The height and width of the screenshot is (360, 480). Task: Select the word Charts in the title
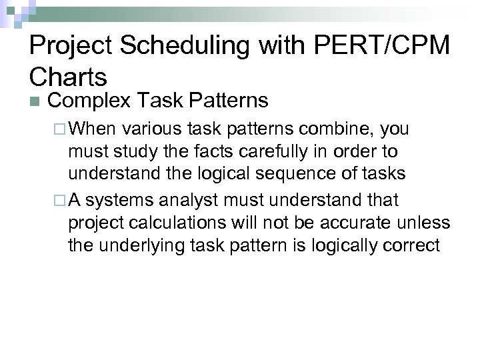point(68,77)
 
